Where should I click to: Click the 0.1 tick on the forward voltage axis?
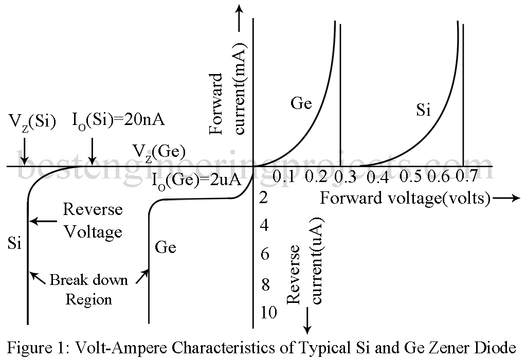point(283,177)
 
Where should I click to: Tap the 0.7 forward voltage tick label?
point(466,177)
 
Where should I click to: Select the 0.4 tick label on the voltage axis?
point(377,178)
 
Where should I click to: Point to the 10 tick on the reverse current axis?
point(268,312)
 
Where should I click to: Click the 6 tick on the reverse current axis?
point(265,254)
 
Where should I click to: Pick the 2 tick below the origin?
point(264,197)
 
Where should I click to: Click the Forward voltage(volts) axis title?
point(405,198)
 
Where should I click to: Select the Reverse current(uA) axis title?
point(305,262)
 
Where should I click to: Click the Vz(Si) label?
point(32,122)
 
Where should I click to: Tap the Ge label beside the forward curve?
point(301,103)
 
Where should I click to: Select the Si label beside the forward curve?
point(423,110)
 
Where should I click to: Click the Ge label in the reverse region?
point(165,247)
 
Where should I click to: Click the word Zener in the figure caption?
point(458,346)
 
